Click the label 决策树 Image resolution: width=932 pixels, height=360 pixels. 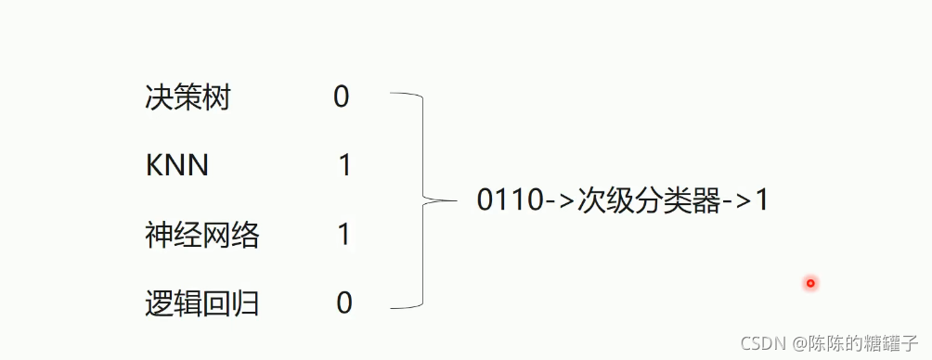188,97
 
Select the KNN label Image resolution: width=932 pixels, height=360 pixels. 177,166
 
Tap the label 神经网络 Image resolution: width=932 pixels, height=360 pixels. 202,235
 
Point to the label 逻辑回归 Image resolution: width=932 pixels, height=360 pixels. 202,303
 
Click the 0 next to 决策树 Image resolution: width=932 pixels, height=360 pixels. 342,97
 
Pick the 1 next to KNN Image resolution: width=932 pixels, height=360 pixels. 344,166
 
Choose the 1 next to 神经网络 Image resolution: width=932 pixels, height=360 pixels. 344,235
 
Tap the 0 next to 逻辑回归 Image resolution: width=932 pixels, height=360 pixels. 344,303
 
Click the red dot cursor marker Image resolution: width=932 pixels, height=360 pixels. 810,283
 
